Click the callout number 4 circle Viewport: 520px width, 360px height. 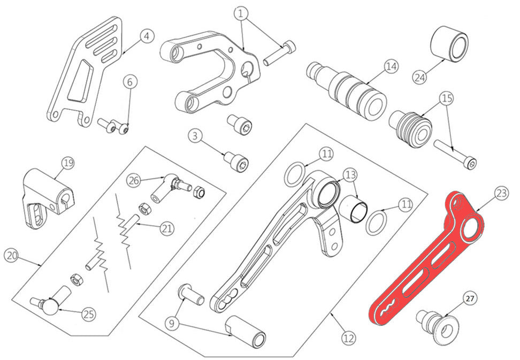(148, 37)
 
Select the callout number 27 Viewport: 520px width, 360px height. (469, 298)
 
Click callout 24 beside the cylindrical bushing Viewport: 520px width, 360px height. (420, 76)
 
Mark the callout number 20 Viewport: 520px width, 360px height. (11, 256)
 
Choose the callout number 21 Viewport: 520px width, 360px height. (167, 229)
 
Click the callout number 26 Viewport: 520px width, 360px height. (134, 180)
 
